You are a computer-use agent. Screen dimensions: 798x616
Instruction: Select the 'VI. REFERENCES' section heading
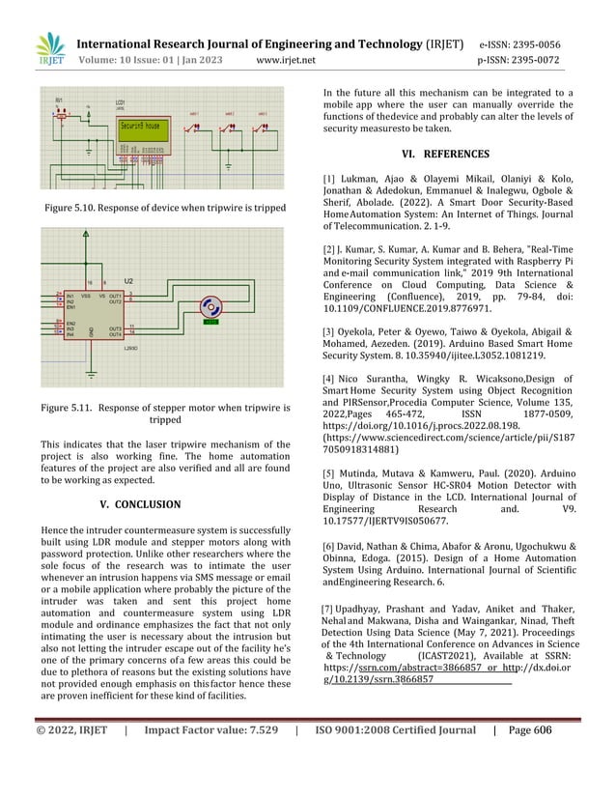[448, 154]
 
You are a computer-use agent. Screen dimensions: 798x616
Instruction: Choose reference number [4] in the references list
[328, 378]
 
